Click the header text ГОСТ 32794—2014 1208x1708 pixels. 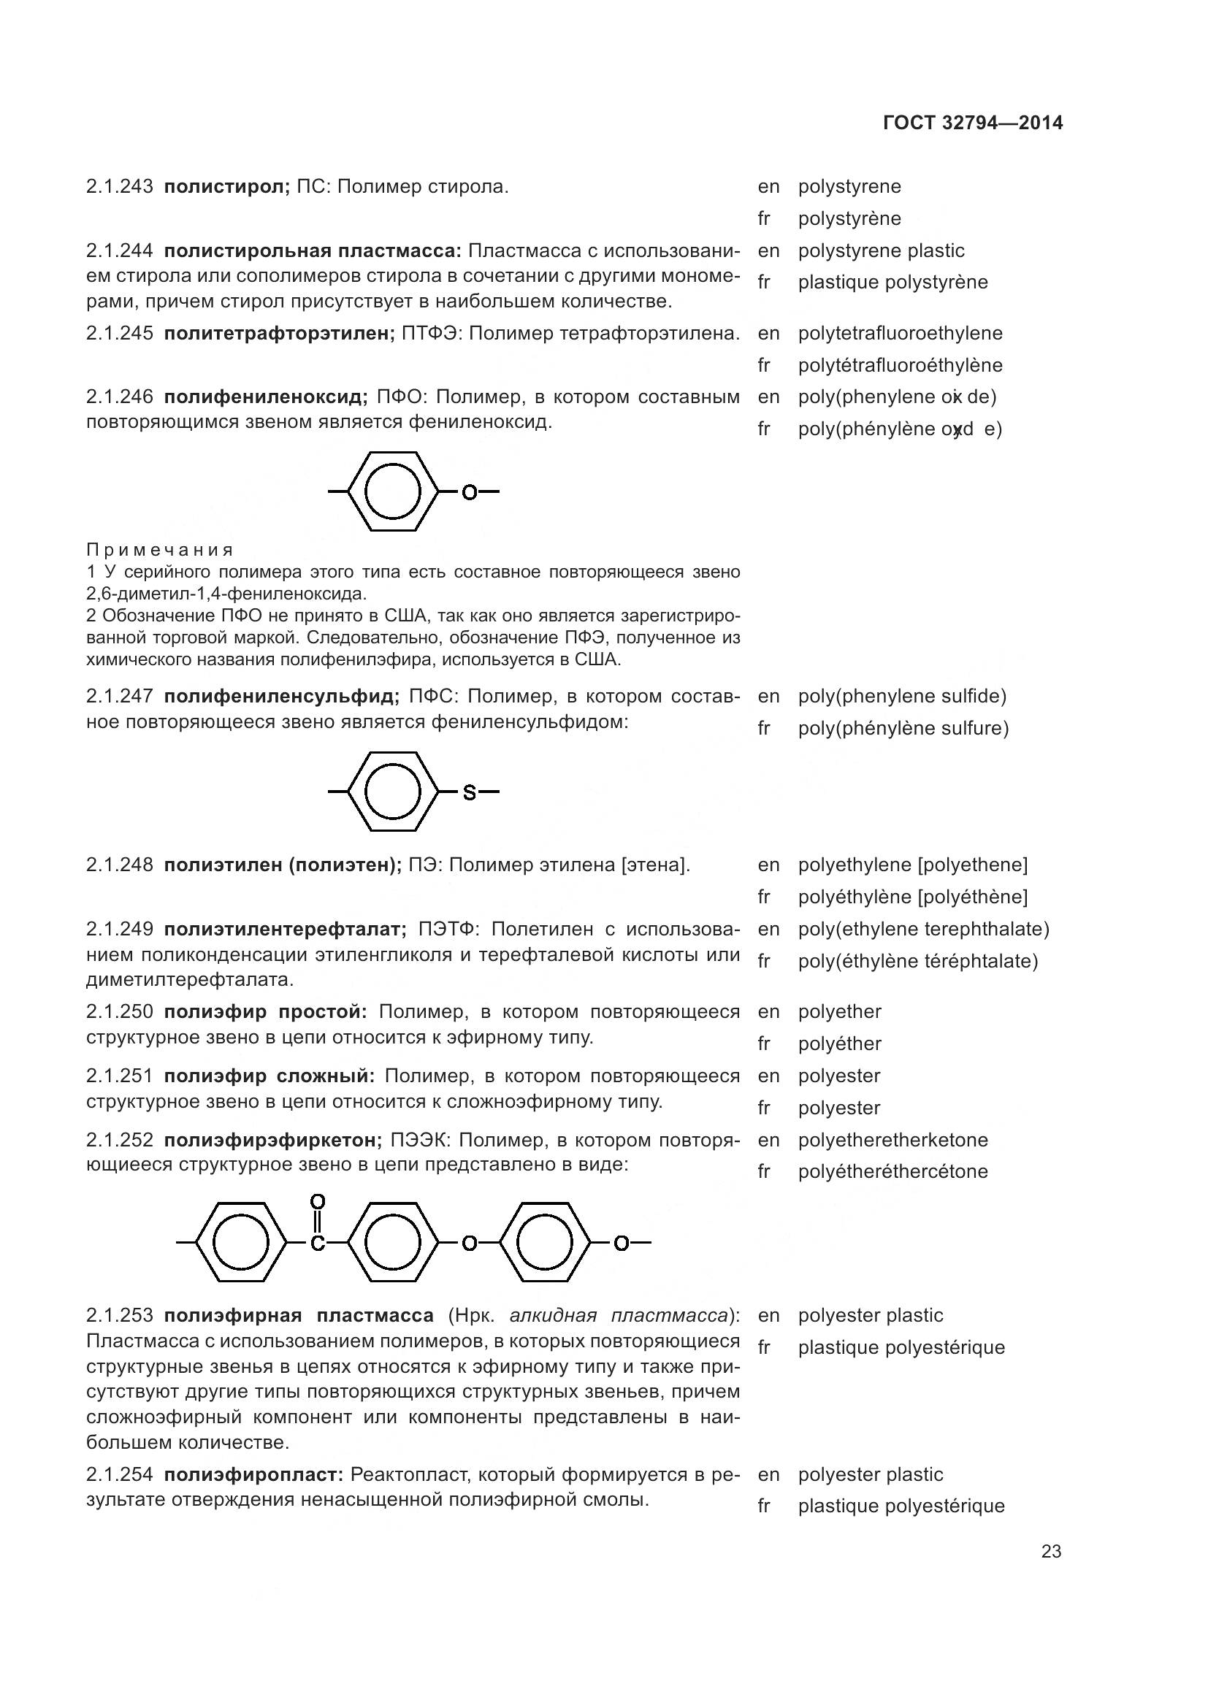pos(972,123)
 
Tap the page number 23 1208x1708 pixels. pos(1051,1551)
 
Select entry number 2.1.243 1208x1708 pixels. pos(120,187)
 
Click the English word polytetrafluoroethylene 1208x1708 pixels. pos(900,333)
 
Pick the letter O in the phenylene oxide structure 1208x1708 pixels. pos(470,491)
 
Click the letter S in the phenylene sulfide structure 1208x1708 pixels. pos(470,793)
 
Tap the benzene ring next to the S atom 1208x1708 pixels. pos(394,792)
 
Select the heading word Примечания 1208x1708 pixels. pos(159,550)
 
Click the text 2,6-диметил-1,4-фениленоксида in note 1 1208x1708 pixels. pos(226,594)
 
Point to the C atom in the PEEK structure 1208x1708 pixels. pos(318,1243)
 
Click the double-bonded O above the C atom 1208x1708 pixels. pos(318,1201)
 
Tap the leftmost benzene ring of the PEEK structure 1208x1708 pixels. pos(241,1241)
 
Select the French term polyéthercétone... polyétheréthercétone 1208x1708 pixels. pos(892,1171)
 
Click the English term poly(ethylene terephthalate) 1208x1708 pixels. pos(923,929)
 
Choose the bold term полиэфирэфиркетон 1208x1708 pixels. pos(272,1140)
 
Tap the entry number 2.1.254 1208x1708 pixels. pos(120,1474)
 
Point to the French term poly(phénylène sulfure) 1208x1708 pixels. pos(903,728)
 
